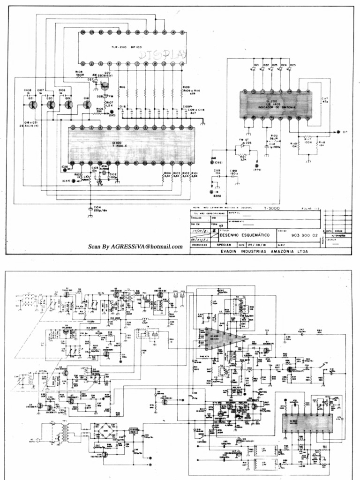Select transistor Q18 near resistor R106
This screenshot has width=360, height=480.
point(87,104)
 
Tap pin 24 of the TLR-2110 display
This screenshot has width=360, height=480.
point(82,32)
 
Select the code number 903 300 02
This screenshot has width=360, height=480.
point(304,235)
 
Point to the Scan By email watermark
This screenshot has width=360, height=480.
point(135,247)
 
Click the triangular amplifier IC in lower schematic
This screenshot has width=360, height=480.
point(222,339)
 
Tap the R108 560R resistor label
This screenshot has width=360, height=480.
point(79,73)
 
